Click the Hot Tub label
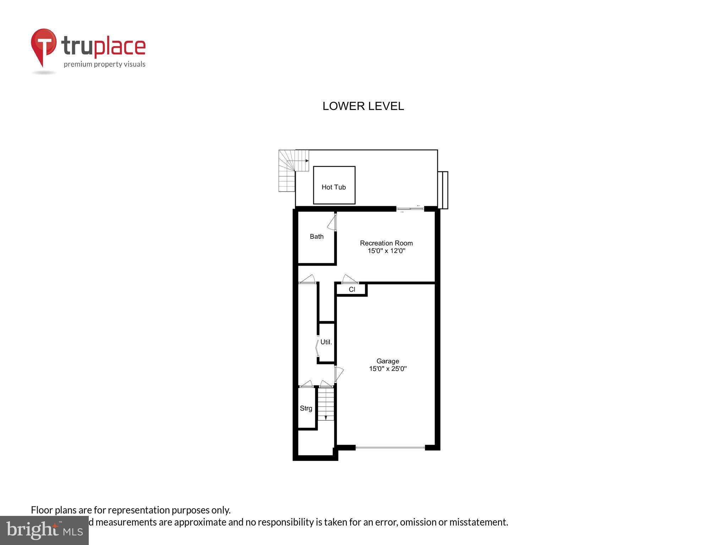pos(333,187)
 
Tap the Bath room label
pos(317,236)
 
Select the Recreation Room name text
pos(386,243)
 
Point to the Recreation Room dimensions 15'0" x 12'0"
pos(386,251)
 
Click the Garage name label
pos(388,361)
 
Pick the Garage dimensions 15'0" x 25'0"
pos(388,369)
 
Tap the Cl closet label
pos(352,290)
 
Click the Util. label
pos(326,342)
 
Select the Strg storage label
pos(306,408)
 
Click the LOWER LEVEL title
pos(363,106)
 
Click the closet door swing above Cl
pos(350,279)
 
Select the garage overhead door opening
pos(390,448)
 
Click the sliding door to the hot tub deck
pos(410,209)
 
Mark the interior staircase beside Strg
pos(326,404)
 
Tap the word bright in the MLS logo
pos(32,530)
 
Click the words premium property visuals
pos(104,64)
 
